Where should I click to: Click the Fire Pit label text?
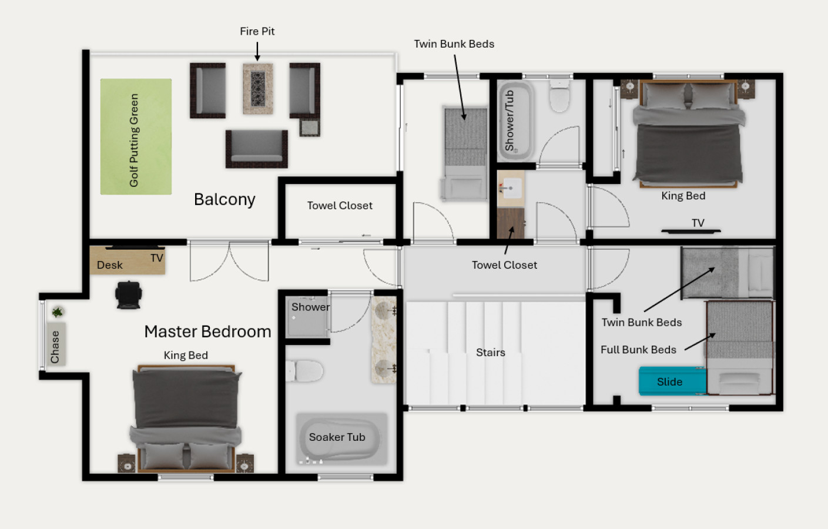[257, 31]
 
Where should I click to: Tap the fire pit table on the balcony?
[258, 89]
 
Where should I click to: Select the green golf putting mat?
[136, 136]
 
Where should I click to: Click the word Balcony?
[224, 200]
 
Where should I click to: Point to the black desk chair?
[128, 294]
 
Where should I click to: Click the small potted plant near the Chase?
[57, 312]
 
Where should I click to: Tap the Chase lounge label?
[55, 347]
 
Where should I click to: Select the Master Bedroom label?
[208, 332]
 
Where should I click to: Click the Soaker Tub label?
[337, 437]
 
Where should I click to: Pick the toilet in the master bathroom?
[304, 371]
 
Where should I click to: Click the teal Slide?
[672, 381]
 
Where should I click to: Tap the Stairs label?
[491, 352]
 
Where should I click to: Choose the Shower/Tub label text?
[509, 120]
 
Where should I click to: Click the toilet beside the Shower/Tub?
[559, 95]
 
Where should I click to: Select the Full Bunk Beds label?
[638, 350]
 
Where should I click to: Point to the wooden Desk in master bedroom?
[127, 260]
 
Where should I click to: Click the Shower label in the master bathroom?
[310, 307]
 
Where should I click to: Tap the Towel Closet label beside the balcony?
[340, 206]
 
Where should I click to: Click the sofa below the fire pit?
[257, 149]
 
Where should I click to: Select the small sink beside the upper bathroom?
[511, 188]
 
